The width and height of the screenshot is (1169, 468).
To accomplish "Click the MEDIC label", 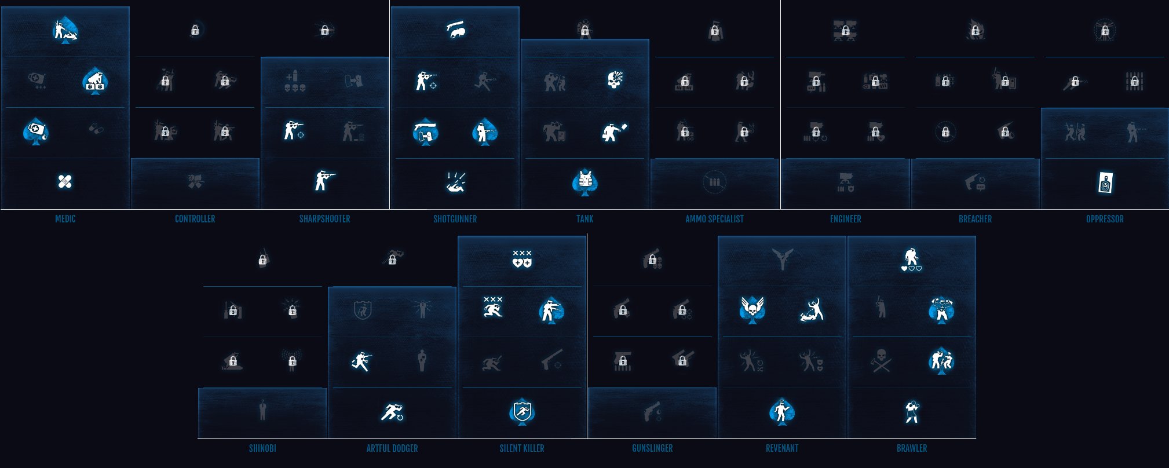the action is (x=65, y=219).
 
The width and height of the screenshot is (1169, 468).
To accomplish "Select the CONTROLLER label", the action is (x=195, y=219).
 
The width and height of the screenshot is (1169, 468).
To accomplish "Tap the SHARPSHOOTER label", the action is (x=324, y=219).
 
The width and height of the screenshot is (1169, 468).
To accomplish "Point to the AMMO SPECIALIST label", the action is (x=714, y=219).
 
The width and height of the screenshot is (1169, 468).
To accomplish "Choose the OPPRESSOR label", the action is (x=1105, y=219).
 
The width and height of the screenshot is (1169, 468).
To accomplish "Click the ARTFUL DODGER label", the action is (x=392, y=448).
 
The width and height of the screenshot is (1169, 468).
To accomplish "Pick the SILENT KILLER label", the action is (x=522, y=448).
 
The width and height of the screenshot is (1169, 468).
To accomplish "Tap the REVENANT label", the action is (x=782, y=448).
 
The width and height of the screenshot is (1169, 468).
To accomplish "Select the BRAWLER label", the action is (x=912, y=448).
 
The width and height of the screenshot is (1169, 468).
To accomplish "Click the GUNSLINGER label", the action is (x=652, y=448).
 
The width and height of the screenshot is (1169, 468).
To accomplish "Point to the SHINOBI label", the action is (x=262, y=448).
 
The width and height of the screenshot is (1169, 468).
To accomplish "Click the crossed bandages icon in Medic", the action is (x=65, y=182).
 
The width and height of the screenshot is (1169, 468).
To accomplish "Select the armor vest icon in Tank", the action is (x=585, y=182).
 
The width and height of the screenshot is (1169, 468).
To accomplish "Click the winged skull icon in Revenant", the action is (x=752, y=309).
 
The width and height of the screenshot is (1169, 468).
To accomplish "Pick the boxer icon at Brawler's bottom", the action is (x=912, y=411).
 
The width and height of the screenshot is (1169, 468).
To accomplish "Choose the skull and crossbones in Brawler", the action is (x=882, y=360).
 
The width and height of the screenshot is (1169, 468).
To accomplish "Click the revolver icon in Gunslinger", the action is (x=652, y=411).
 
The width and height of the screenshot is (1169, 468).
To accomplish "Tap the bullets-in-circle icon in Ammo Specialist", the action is (x=714, y=182).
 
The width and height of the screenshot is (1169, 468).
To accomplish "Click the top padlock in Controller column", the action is (x=195, y=30).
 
